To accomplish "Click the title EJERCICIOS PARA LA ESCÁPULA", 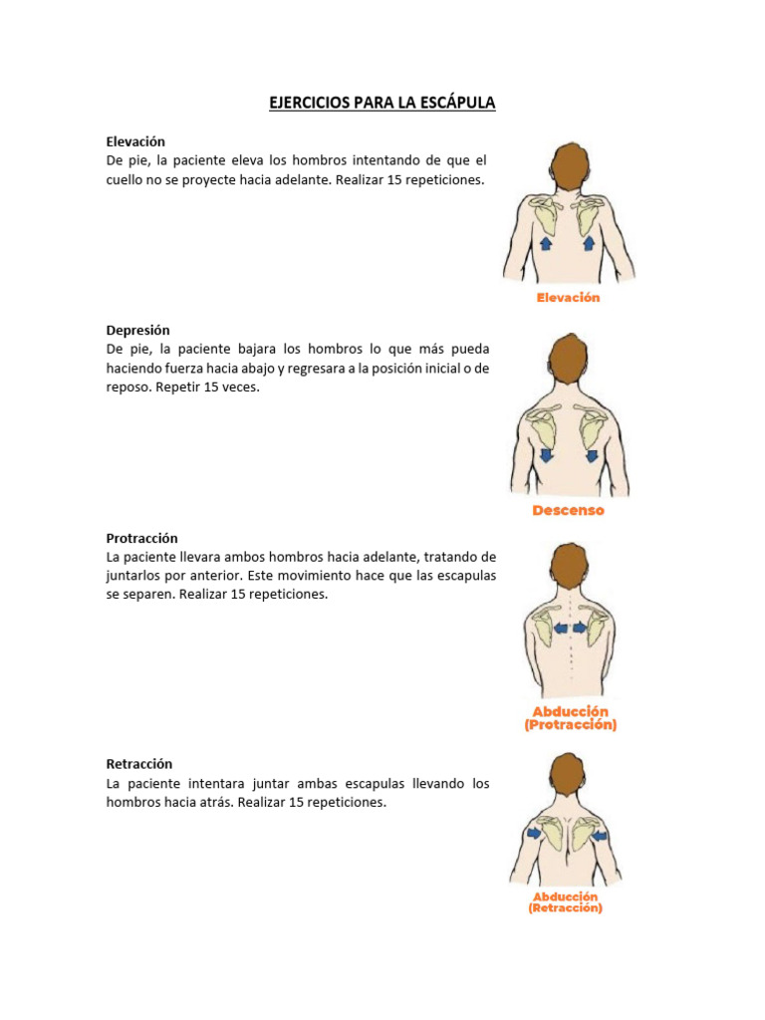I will (x=382, y=103).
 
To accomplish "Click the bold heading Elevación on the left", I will (x=135, y=141).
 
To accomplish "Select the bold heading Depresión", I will (x=138, y=330).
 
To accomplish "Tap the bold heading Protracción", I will (x=142, y=538).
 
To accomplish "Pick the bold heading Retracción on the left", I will (x=139, y=764).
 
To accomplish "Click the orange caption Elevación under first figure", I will (x=569, y=298).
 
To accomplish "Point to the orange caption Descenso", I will (x=568, y=511).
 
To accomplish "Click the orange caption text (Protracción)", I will (x=571, y=725).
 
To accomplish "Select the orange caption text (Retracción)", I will (x=566, y=908).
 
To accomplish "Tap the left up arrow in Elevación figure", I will (x=546, y=243).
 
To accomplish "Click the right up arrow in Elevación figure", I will (x=589, y=242).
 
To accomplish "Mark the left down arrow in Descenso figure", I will (x=547, y=455).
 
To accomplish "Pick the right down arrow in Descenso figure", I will (x=592, y=455).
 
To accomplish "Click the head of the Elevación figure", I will (x=570, y=166).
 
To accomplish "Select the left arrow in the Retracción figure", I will (x=535, y=833).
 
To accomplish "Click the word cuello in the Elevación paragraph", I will (x=126, y=180).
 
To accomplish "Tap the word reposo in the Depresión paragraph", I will (x=127, y=387).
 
